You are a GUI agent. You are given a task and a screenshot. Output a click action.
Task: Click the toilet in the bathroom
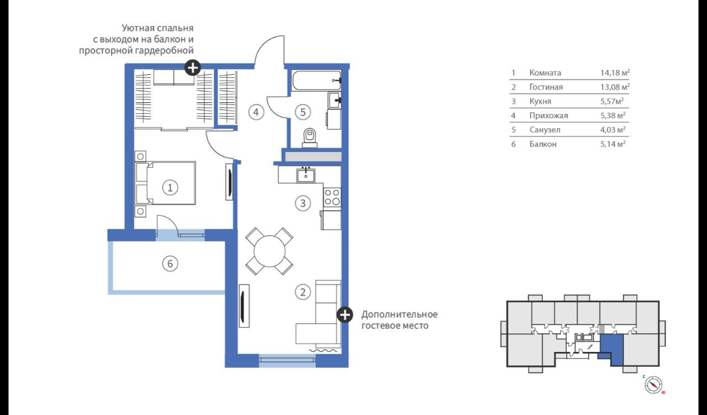310,138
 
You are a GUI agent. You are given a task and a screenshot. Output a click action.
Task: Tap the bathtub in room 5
316,80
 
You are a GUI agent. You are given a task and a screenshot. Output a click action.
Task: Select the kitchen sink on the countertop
305,175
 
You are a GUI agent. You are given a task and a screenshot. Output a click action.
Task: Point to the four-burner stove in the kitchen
332,197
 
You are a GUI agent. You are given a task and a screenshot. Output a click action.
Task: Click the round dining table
269,251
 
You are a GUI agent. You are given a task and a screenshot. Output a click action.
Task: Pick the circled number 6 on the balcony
170,263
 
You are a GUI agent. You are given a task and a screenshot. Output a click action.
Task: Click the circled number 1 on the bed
170,188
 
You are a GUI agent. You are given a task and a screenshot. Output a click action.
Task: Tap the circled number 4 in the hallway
256,112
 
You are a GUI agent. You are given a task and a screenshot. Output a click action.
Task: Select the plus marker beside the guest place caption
345,315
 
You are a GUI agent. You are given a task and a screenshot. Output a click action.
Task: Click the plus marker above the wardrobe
193,68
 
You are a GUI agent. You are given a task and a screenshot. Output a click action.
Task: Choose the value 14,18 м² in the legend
615,72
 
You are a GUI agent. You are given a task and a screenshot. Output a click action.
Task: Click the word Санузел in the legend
545,129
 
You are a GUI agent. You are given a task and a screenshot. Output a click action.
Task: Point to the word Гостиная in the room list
546,87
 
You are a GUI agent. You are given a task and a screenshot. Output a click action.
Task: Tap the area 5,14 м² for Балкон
613,144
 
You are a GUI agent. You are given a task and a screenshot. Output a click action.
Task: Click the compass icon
653,385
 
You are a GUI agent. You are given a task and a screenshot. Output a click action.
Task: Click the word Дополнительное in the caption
399,314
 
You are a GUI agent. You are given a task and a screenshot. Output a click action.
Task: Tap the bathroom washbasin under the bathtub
334,100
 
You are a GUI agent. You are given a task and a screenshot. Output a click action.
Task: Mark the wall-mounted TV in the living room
244,306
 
